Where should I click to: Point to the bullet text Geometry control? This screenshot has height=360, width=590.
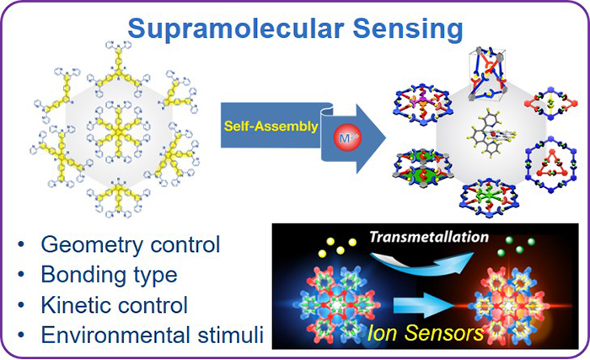coord(126,245)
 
